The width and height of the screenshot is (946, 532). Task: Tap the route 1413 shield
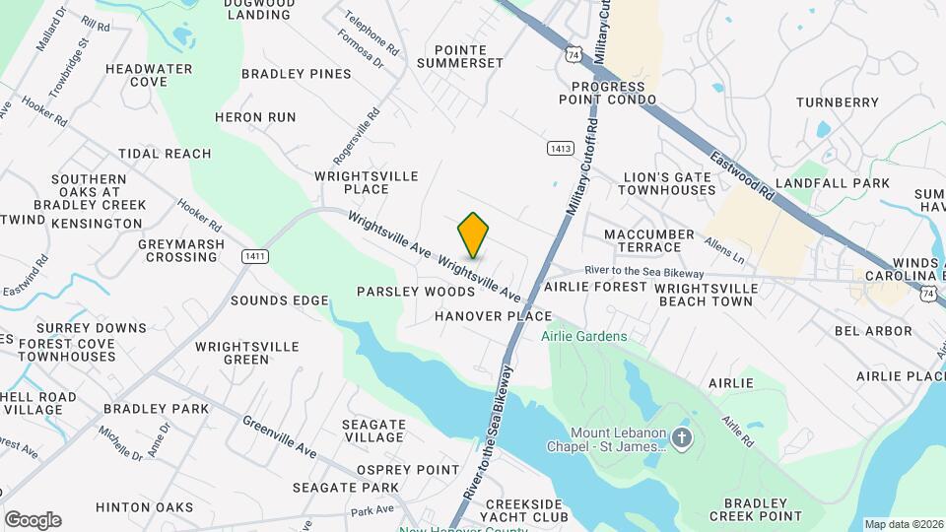click(x=560, y=148)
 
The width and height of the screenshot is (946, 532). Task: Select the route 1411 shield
click(x=255, y=256)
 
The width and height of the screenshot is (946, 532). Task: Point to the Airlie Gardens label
click(x=583, y=337)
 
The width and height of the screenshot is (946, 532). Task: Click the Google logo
click(x=33, y=520)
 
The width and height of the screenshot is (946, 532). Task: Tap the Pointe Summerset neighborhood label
click(x=459, y=56)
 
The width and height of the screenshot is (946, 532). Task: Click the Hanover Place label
click(x=493, y=316)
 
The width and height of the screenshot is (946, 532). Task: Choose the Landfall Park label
click(x=832, y=183)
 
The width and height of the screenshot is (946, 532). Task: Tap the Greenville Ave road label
click(x=280, y=436)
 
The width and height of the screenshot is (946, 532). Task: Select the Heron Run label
click(x=255, y=117)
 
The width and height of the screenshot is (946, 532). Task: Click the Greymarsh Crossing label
click(x=181, y=250)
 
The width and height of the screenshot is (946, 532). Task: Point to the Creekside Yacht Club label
click(x=526, y=509)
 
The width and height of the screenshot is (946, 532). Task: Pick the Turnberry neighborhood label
click(x=837, y=102)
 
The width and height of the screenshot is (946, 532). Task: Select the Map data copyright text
click(x=904, y=524)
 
